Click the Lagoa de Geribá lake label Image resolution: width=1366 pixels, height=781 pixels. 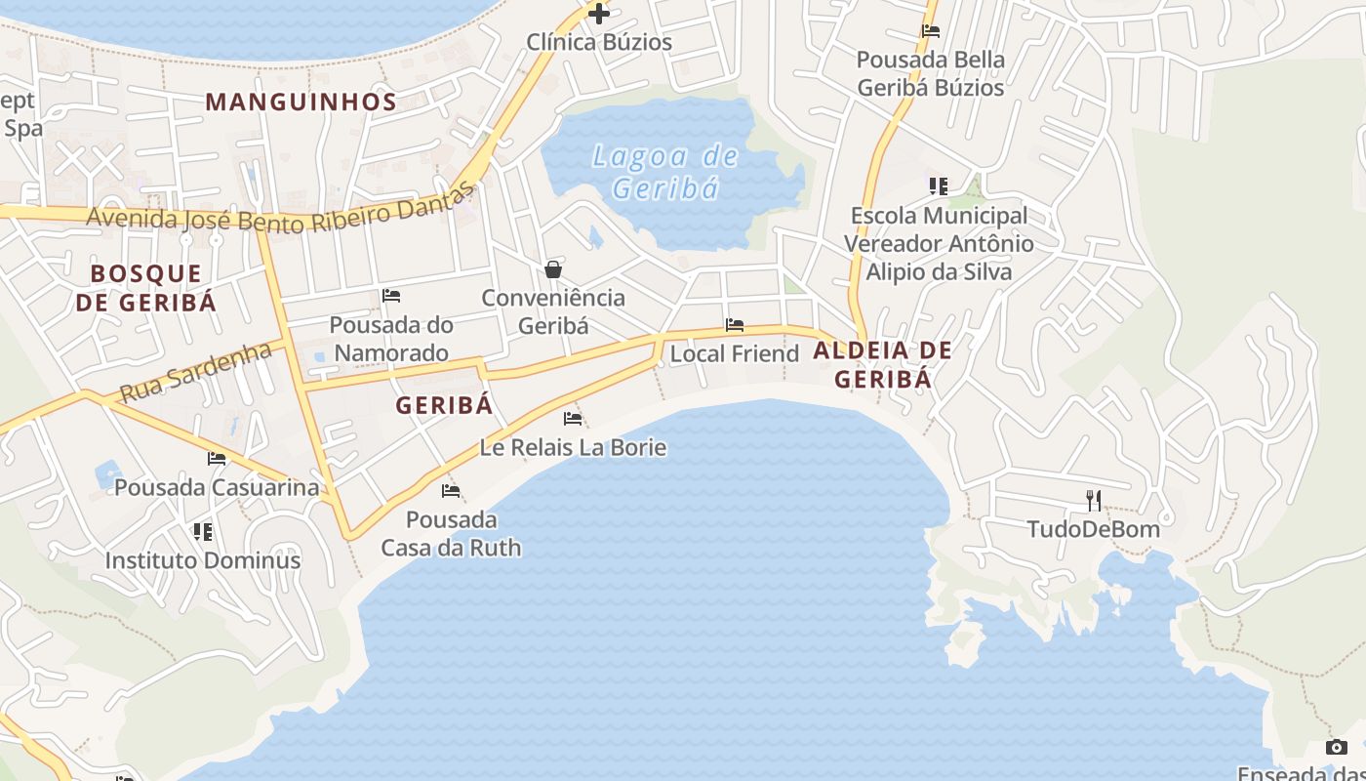click(x=664, y=171)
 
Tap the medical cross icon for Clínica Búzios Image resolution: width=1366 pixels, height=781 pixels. click(x=598, y=14)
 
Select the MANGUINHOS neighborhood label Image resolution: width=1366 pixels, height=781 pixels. click(x=301, y=102)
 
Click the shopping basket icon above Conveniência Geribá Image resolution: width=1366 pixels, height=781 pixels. click(x=553, y=269)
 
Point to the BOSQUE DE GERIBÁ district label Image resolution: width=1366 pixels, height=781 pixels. click(x=146, y=288)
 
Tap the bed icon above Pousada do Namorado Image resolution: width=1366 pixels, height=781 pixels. click(x=391, y=296)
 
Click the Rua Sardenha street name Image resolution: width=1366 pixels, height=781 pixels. click(x=194, y=372)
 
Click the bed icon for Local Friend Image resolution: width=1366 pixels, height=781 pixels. click(x=735, y=325)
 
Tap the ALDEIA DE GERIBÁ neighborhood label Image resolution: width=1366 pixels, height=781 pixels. click(x=882, y=364)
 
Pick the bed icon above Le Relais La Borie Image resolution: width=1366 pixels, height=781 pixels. click(x=573, y=419)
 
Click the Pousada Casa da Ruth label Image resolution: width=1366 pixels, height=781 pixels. click(x=451, y=533)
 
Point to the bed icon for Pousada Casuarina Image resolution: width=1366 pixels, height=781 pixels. click(x=217, y=459)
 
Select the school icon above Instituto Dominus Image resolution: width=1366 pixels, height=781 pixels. click(x=203, y=532)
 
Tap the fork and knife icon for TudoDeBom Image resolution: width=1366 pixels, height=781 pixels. click(x=1094, y=501)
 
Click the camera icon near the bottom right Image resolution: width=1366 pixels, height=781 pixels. click(x=1336, y=747)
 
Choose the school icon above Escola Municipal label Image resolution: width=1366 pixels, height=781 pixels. click(x=939, y=186)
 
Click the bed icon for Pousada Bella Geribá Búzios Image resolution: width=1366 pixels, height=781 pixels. click(x=930, y=31)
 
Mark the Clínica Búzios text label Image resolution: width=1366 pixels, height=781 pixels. click(x=599, y=42)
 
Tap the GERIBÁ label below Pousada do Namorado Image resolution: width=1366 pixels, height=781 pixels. click(x=444, y=406)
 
